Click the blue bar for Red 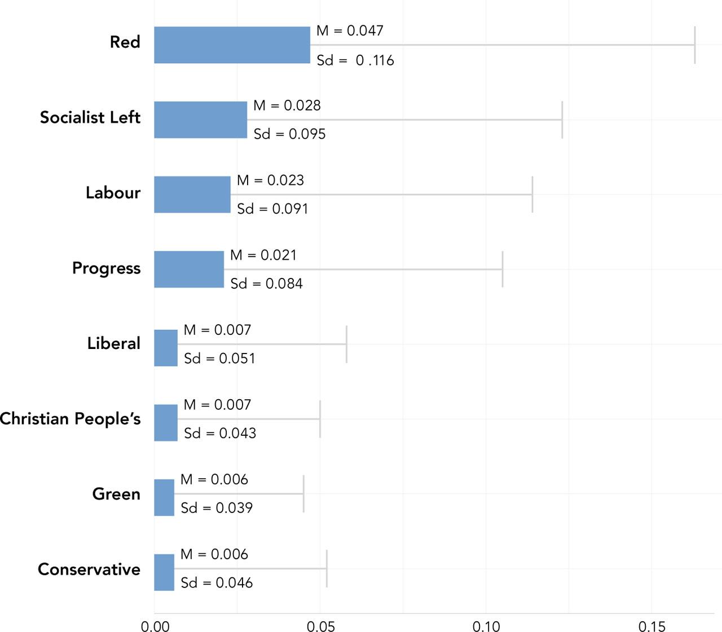pos(232,45)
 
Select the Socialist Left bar pos(200,120)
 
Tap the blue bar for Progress pos(189,269)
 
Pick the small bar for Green pos(164,497)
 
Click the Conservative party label pos(89,569)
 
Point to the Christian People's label pos(70,419)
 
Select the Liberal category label pos(113,343)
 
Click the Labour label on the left pos(113,193)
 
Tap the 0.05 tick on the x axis pos(320,626)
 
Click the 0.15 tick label pos(651,626)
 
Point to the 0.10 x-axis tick pos(486,626)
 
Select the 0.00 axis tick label pos(155,626)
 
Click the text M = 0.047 pos(350,30)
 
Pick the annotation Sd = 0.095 pos(289,134)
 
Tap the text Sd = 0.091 pos(272,209)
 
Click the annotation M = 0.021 pos(263,255)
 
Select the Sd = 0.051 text pos(219,359)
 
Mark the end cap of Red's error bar pos(695,45)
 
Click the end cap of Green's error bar pos(303,494)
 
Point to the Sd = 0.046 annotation pos(217,583)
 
